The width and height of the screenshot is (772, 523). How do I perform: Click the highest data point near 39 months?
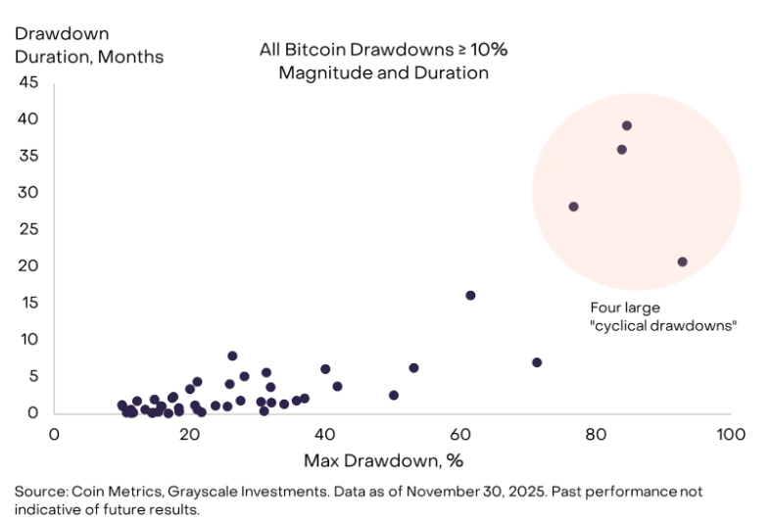tap(627, 125)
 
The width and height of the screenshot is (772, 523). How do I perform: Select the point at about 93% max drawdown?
tap(683, 261)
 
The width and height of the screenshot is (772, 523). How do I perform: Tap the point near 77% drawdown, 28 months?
tap(573, 207)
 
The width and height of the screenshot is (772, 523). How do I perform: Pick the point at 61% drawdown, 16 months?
tap(470, 295)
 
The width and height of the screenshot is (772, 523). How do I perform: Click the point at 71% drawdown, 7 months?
tap(537, 362)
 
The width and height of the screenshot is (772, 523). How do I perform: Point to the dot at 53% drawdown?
tap(413, 367)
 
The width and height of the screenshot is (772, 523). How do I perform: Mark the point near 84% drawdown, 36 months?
tap(621, 150)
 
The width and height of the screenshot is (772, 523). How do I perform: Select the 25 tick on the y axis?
tap(28, 229)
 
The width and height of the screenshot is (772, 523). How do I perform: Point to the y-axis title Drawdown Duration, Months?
tap(88, 45)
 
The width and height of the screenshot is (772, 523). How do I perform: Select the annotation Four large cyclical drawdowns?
tap(662, 316)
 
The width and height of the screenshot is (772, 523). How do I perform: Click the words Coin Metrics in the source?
tap(106, 491)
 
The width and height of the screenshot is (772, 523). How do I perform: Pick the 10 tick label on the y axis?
tap(28, 339)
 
